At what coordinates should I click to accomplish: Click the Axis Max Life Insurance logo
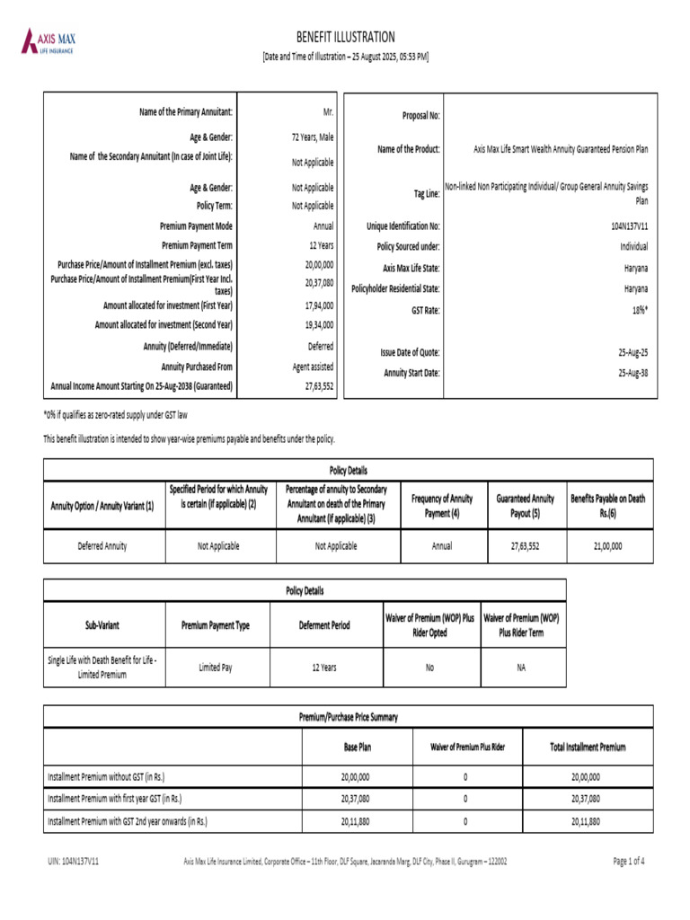(50, 41)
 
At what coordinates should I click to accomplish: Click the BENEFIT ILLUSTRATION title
(345, 37)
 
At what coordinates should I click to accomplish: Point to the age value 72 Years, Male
(306, 137)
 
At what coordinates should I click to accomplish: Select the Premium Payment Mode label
(196, 226)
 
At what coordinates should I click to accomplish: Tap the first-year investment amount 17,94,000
(319, 305)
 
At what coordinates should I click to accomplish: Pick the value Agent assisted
(313, 367)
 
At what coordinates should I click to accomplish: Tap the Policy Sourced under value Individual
(631, 245)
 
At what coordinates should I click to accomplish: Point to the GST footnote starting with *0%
(115, 415)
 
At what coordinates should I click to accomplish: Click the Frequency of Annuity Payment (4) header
(441, 505)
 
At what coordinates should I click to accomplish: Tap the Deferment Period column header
(324, 625)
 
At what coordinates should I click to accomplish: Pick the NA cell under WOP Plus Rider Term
(521, 668)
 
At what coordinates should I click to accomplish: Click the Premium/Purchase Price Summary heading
(349, 717)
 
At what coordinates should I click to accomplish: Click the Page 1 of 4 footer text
(628, 861)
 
